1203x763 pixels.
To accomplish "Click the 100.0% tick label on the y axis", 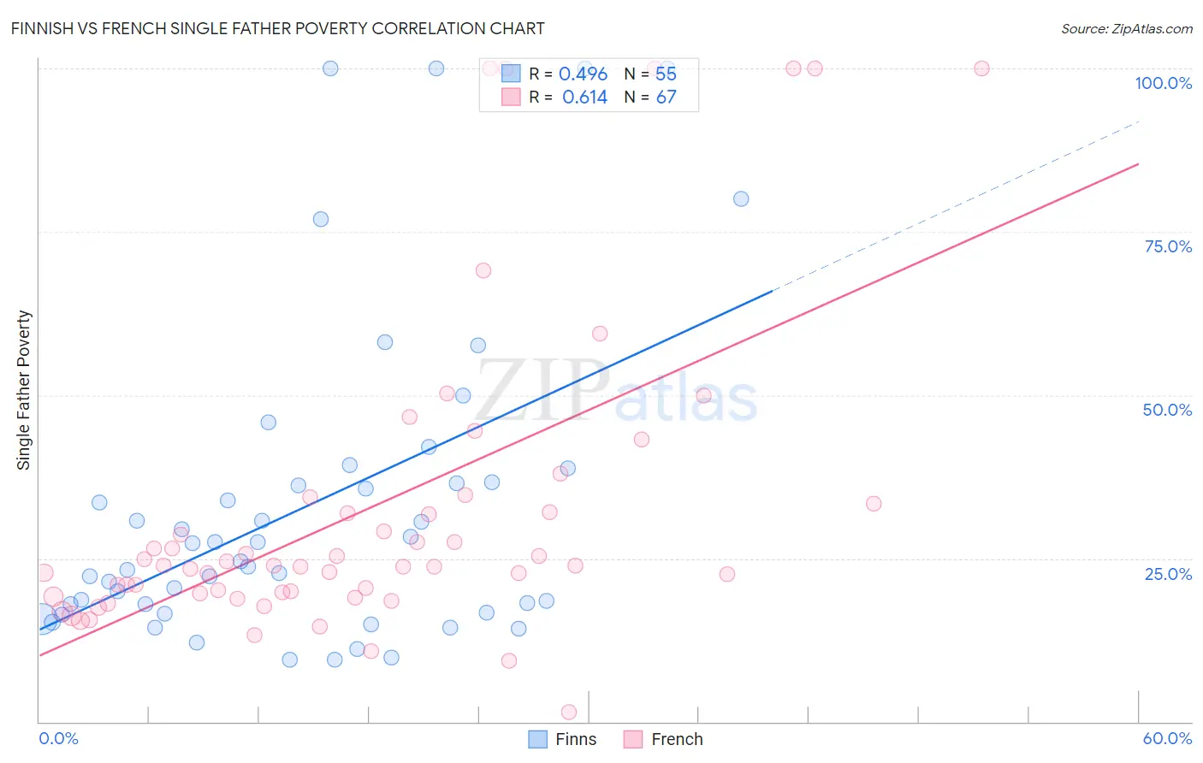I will pyautogui.click(x=1163, y=83).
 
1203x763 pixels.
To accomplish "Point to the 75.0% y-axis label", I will pyautogui.click(x=1168, y=246).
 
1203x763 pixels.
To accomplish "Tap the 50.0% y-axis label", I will pyautogui.click(x=1167, y=410).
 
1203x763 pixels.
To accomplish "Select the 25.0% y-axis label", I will pyautogui.click(x=1168, y=574).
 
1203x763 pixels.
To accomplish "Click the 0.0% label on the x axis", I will pyautogui.click(x=58, y=738).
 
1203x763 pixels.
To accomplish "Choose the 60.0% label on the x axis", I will pyautogui.click(x=1167, y=738).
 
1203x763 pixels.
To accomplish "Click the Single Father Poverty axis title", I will pyautogui.click(x=24, y=390).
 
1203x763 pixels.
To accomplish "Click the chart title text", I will pyautogui.click(x=278, y=28).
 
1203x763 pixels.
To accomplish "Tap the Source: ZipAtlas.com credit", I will pyautogui.click(x=1126, y=28).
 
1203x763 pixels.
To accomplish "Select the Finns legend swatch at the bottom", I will pyautogui.click(x=537, y=739).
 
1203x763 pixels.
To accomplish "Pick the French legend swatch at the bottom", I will pyautogui.click(x=633, y=739).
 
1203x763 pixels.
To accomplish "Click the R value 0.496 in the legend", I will pyautogui.click(x=583, y=74).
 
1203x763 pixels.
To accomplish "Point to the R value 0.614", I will pyautogui.click(x=584, y=98).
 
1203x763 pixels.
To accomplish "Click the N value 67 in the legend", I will pyautogui.click(x=666, y=98).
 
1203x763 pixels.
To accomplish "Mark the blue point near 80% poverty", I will pyautogui.click(x=741, y=198).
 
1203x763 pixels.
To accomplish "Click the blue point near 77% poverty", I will pyautogui.click(x=321, y=219).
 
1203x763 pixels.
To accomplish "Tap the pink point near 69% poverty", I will pyautogui.click(x=483, y=270).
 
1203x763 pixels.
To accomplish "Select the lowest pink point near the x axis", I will pyautogui.click(x=569, y=712).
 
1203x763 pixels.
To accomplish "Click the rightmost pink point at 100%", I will pyautogui.click(x=981, y=68).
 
